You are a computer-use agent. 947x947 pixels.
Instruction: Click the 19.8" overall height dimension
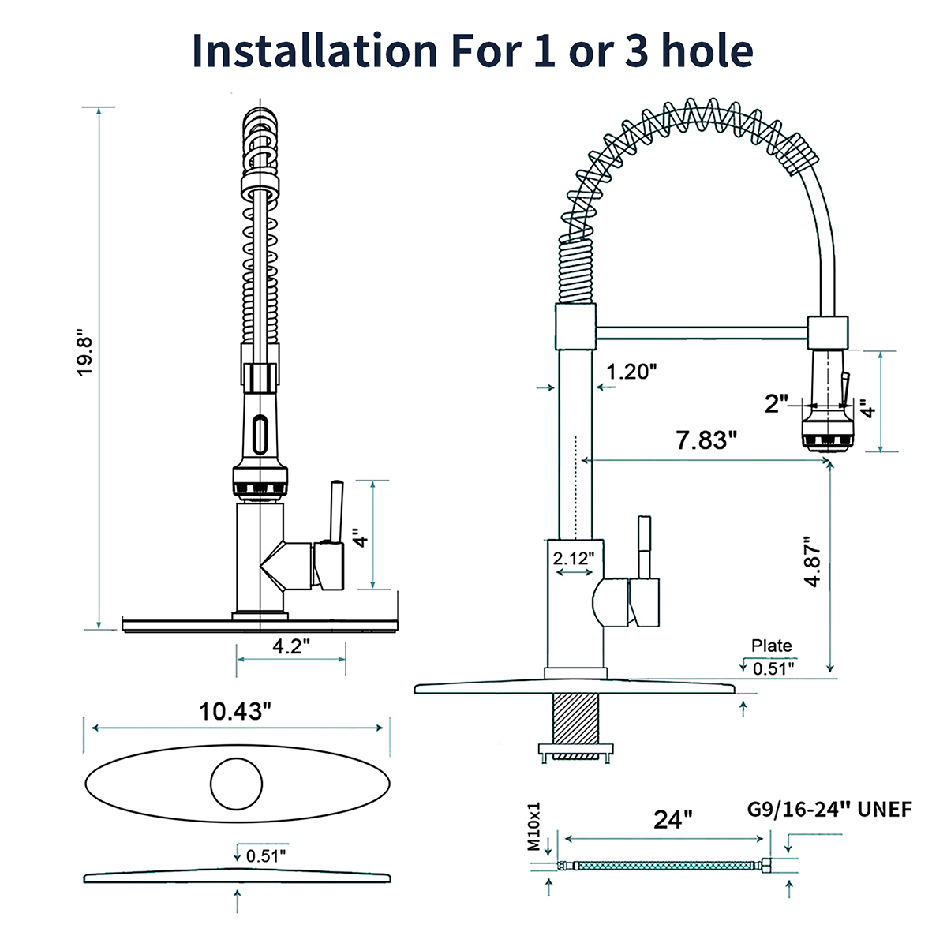84,357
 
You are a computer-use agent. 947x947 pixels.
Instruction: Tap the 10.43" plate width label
235,711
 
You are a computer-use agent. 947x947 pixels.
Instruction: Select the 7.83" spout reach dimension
706,440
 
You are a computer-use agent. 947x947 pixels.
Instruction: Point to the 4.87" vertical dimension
812,561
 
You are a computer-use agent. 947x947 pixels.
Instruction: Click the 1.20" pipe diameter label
631,372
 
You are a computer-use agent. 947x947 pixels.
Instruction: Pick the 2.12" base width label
574,559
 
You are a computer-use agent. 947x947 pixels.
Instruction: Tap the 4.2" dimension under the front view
291,647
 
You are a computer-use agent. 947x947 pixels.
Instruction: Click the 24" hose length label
673,819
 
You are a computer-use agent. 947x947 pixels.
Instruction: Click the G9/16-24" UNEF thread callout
829,810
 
